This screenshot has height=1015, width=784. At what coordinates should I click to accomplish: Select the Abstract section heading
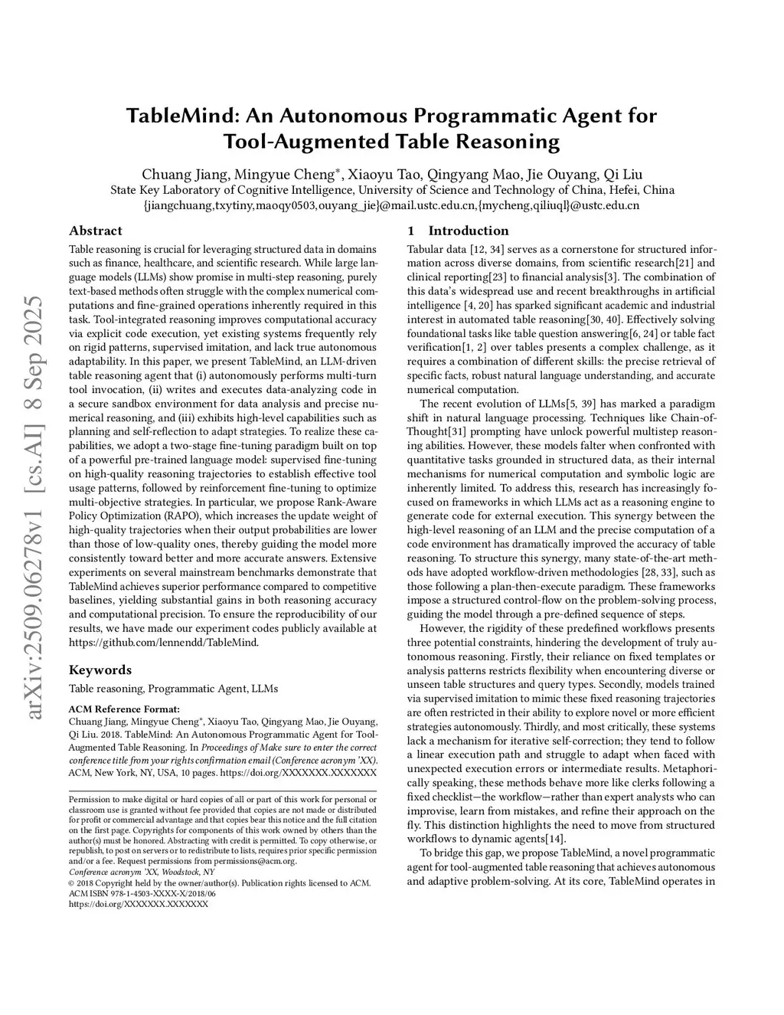pyautogui.click(x=95, y=231)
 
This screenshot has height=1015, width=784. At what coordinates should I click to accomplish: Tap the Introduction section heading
pyautogui.click(x=468, y=231)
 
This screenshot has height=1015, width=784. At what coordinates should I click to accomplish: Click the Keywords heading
pyautogui.click(x=100, y=670)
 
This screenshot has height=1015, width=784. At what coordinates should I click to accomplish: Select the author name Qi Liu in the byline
pyautogui.click(x=623, y=173)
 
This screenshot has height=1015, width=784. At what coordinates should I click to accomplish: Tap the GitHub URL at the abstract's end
pyautogui.click(x=164, y=642)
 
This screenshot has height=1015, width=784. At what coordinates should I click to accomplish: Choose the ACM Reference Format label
pyautogui.click(x=124, y=709)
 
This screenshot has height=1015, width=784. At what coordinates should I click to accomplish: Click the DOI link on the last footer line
pyautogui.click(x=138, y=904)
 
